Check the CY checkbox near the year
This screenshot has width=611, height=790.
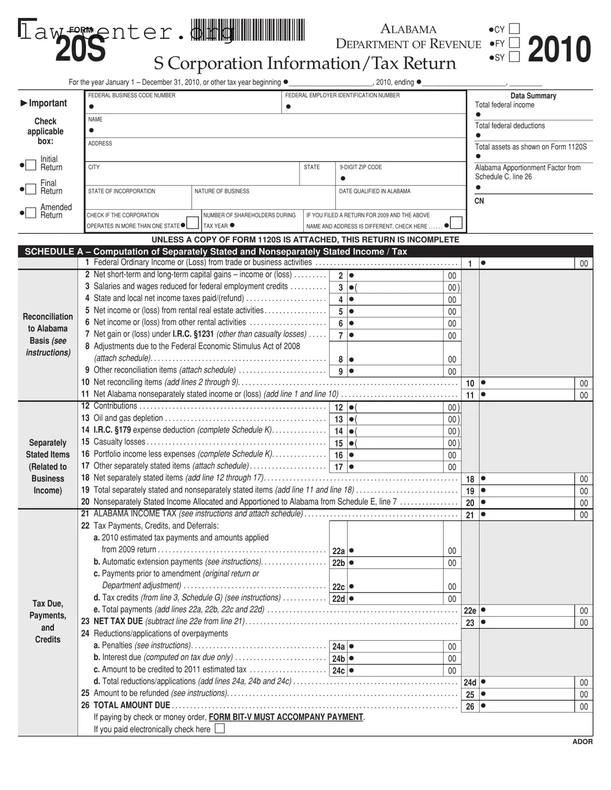[514, 29]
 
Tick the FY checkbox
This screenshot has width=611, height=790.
[514, 43]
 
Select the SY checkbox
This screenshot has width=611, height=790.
[514, 56]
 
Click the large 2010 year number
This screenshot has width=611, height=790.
[559, 50]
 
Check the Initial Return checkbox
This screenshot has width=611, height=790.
[31, 165]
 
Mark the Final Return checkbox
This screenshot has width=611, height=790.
[31, 188]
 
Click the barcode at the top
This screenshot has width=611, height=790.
[248, 30]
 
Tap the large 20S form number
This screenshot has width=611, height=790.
[81, 50]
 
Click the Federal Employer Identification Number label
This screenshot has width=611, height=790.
[342, 95]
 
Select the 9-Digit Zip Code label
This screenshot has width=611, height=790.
[361, 167]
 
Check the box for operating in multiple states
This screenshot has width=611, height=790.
[193, 223]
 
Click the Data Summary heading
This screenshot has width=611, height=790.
[533, 96]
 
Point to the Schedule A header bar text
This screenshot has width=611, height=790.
[215, 251]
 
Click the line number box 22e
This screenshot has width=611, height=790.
[470, 611]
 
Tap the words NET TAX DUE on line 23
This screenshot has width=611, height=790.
[118, 621]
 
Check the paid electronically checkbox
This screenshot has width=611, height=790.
[220, 728]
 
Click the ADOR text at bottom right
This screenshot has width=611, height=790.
[582, 741]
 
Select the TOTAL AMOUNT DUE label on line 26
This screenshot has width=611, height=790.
[131, 705]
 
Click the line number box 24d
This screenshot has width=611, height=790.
[470, 682]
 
